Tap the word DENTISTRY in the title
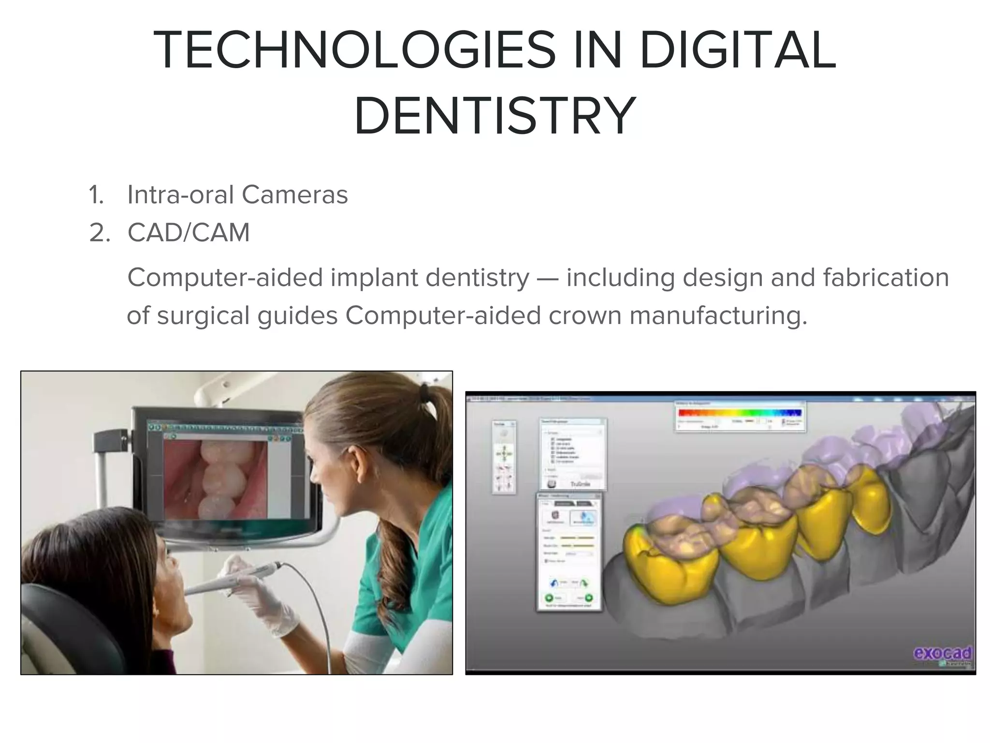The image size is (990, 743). click(x=495, y=116)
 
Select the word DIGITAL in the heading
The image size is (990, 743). click(x=737, y=50)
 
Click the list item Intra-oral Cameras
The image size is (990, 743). click(x=237, y=195)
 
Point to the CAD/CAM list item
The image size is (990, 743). click(x=189, y=233)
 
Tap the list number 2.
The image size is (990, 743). click(x=100, y=233)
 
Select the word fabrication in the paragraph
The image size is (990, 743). click(x=886, y=278)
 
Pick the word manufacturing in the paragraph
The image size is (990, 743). click(x=718, y=315)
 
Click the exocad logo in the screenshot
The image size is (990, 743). click(x=942, y=654)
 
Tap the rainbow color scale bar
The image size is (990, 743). click(x=740, y=413)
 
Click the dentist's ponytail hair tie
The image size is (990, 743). click(x=424, y=390)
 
